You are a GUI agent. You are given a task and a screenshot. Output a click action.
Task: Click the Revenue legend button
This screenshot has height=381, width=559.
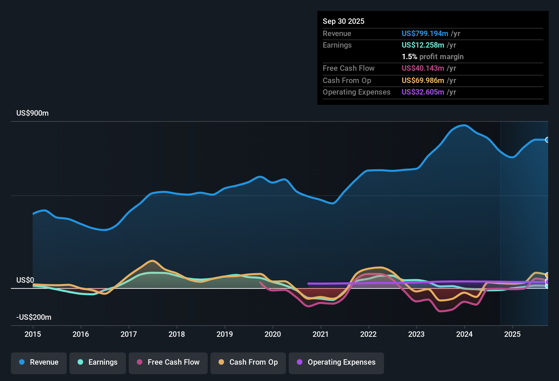coord(39,362)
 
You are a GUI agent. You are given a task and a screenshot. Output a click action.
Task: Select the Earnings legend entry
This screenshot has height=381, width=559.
coord(98,362)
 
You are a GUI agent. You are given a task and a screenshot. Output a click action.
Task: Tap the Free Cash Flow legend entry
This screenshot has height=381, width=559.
coord(168,362)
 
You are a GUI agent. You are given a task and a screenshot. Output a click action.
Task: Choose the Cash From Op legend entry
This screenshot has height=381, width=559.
coord(248,362)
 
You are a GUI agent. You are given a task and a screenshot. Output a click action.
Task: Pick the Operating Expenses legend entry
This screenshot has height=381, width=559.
coord(336,362)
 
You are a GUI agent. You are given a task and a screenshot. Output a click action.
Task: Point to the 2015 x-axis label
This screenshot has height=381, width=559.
coord(33,334)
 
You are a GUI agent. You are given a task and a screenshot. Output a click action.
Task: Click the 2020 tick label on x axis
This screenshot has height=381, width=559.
coord(273,334)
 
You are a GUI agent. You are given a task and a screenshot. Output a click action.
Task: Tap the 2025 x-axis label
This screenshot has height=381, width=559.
coord(512,334)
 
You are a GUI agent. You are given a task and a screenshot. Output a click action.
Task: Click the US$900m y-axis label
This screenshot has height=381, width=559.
coord(33,113)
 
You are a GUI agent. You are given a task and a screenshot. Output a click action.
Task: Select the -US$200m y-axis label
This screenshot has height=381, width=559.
coord(34,317)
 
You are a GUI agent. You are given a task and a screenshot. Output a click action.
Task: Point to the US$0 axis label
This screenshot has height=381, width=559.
coord(25,280)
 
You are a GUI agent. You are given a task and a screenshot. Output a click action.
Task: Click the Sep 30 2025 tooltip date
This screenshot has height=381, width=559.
coord(344,21)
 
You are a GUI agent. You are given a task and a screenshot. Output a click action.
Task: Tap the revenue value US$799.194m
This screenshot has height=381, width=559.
coord(425,34)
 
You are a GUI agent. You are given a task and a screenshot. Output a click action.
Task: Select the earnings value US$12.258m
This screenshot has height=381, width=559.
coord(423,45)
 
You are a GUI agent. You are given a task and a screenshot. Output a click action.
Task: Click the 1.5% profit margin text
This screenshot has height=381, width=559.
coord(433,57)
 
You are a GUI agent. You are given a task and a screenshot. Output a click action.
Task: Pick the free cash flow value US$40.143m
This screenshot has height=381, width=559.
coord(423,68)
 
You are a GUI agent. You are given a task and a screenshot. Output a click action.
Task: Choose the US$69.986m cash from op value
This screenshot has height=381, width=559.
coord(423,81)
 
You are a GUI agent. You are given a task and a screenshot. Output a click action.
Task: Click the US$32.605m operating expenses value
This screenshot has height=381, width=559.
coord(423,92)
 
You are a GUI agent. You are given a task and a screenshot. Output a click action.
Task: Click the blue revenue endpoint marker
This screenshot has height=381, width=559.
coord(547,140)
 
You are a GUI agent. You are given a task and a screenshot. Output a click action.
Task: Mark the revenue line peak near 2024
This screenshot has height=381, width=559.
coord(464,126)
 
